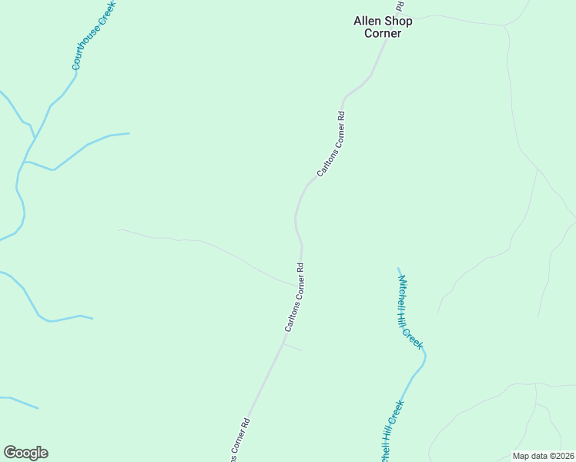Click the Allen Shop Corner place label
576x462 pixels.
tap(383, 27)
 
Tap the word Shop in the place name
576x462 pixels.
tap(397, 21)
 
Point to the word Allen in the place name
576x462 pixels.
tap(367, 21)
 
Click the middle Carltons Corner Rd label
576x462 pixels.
tap(294, 298)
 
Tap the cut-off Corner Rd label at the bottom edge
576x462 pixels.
tap(239, 441)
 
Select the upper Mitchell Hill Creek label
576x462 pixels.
tap(410, 312)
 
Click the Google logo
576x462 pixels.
tap(25, 453)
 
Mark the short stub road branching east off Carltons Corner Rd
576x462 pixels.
tap(293, 347)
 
